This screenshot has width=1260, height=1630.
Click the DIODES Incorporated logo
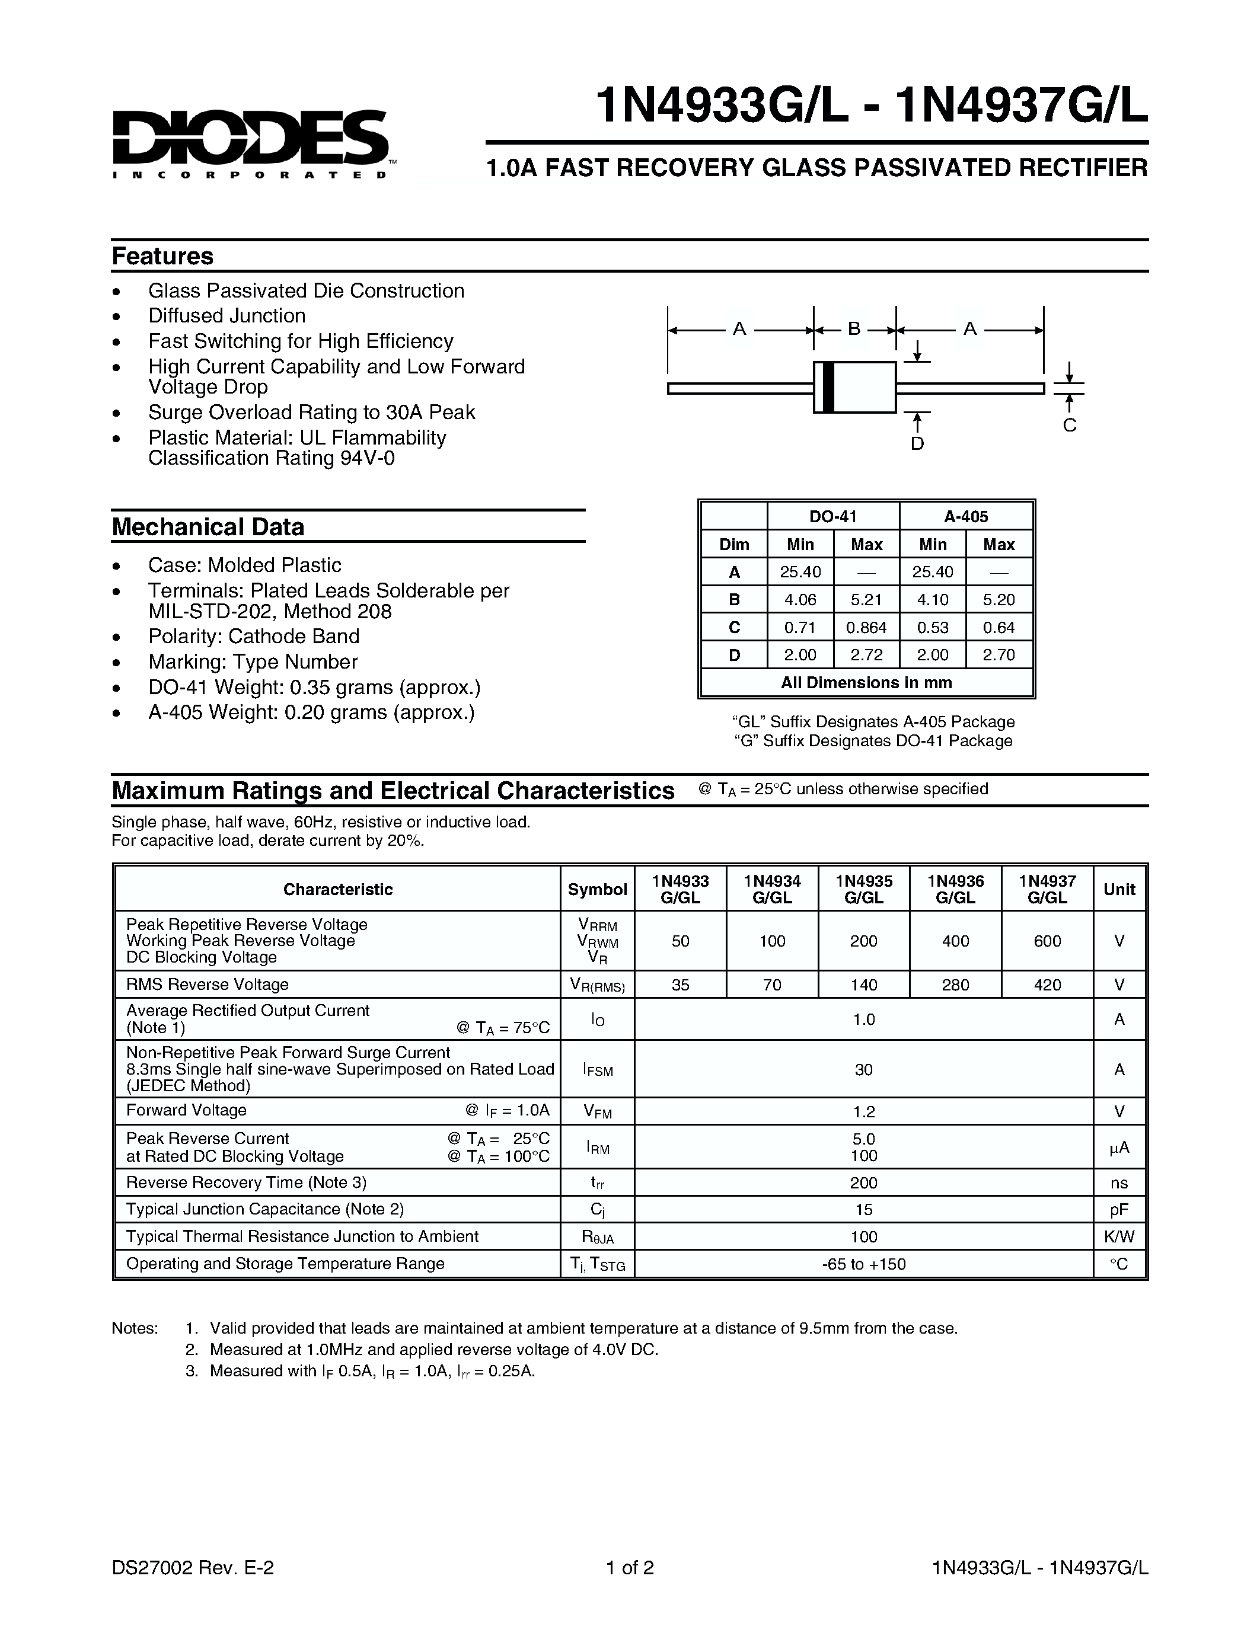tap(250, 143)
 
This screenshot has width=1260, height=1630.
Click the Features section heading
tap(162, 256)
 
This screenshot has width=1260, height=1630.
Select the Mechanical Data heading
tap(208, 527)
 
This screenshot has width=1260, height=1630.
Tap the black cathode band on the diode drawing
tap(827, 386)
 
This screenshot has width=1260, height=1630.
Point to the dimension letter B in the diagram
tap(854, 328)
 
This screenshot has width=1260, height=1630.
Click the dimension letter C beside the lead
tap(1069, 426)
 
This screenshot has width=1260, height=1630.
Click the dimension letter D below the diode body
tap(917, 443)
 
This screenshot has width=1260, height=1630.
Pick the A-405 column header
tap(965, 516)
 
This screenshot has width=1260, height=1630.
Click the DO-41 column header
tap(833, 516)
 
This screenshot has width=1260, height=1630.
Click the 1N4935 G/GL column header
tap(864, 889)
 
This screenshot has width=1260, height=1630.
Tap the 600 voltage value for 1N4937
tap(1047, 941)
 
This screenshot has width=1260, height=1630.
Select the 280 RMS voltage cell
tap(955, 985)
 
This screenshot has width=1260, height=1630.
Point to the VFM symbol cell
tap(597, 1112)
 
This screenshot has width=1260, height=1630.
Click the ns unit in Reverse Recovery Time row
tap(1118, 1183)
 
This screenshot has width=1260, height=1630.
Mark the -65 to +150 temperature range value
tap(864, 1264)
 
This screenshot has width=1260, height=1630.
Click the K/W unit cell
tap(1118, 1236)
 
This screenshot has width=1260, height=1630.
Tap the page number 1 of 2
tap(630, 1567)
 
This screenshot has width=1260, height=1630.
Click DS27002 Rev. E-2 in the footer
tap(193, 1567)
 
